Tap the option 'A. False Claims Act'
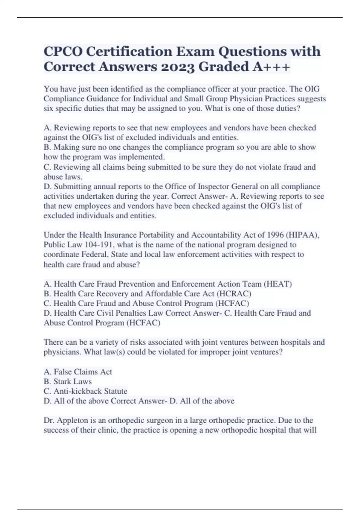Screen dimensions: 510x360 pyautogui.click(x=78, y=372)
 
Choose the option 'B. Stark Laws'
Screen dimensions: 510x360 pyautogui.click(x=67, y=381)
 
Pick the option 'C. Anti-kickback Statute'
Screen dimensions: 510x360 pyautogui.click(x=85, y=391)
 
